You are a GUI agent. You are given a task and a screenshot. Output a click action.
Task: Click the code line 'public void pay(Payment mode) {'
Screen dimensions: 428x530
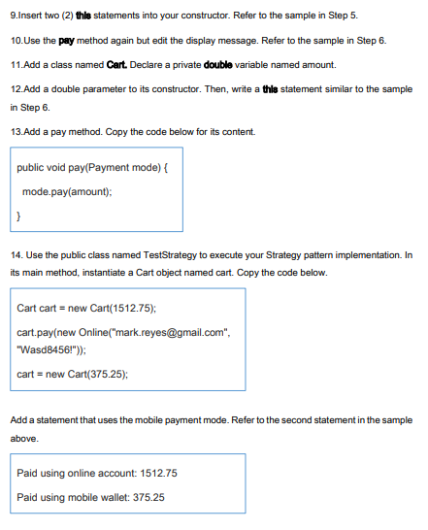tap(93, 167)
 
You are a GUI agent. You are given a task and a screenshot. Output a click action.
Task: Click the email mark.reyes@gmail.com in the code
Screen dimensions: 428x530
tap(191, 333)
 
